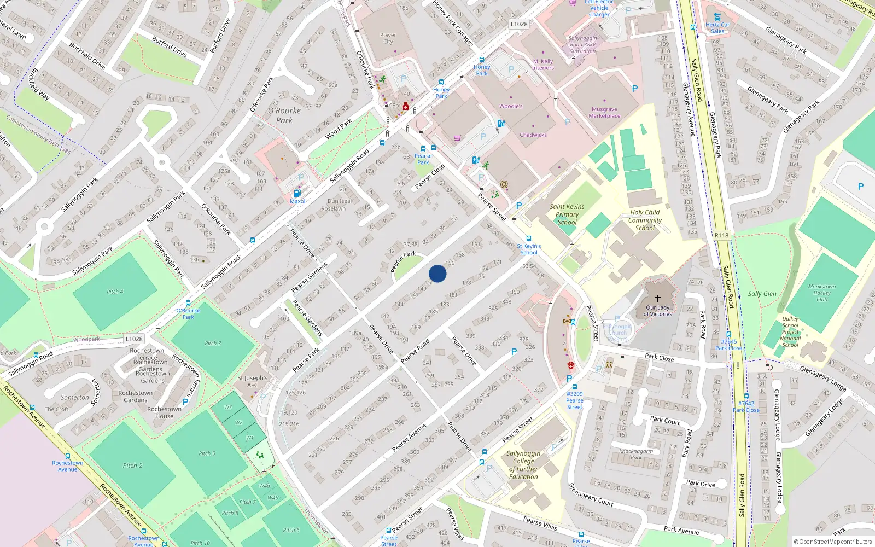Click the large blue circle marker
(x=437, y=273)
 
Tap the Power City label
(x=388, y=38)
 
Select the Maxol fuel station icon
(x=297, y=193)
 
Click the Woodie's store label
(x=511, y=107)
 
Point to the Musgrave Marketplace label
(x=604, y=113)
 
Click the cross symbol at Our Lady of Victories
(x=658, y=298)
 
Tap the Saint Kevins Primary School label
(x=567, y=214)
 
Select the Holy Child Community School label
(x=645, y=220)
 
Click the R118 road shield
(x=721, y=235)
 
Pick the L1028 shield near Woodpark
(x=133, y=339)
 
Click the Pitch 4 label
(x=115, y=292)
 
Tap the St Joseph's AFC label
(x=252, y=381)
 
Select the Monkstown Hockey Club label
(x=821, y=293)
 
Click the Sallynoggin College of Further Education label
(x=523, y=465)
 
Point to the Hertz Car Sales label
(x=717, y=27)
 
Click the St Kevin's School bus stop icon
(x=528, y=238)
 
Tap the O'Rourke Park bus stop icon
(x=188, y=303)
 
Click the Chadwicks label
(x=533, y=135)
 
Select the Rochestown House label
(x=164, y=412)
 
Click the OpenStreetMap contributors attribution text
(x=832, y=542)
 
